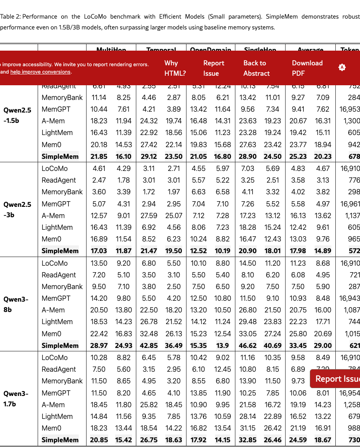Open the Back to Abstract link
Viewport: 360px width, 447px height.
click(256, 68)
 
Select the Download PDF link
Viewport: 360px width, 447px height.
click(307, 68)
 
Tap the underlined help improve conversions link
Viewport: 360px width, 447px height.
click(40, 72)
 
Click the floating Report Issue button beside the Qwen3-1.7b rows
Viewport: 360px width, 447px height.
click(335, 379)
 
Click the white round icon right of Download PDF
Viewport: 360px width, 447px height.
click(342, 68)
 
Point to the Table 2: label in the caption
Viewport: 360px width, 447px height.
click(10, 17)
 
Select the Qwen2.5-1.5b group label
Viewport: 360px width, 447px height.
click(17, 116)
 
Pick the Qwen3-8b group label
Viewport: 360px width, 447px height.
click(17, 304)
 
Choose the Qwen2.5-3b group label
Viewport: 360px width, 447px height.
click(17, 210)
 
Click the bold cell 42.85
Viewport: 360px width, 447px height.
click(149, 345)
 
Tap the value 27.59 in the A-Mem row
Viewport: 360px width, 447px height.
click(149, 215)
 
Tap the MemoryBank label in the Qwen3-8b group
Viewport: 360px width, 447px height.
click(62, 286)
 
